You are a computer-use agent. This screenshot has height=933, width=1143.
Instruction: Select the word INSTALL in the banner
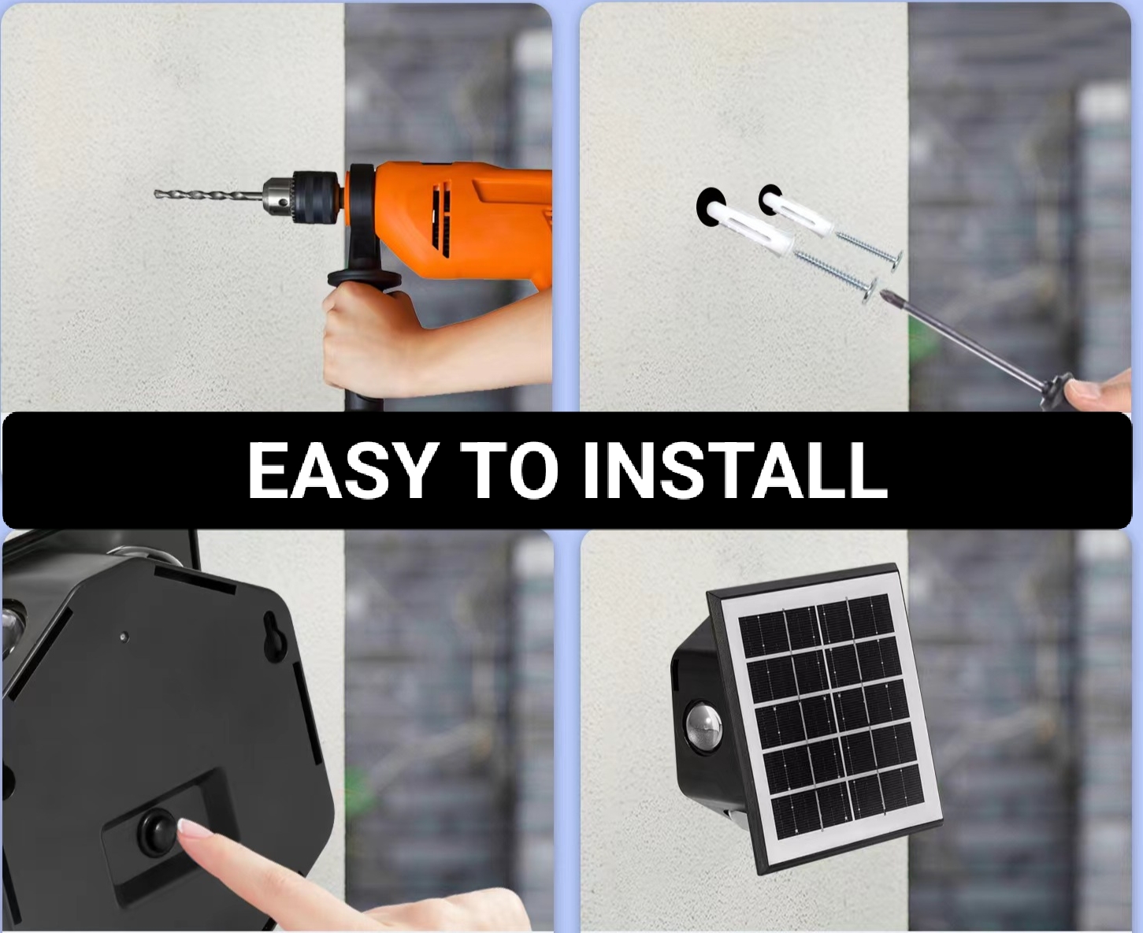click(x=735, y=470)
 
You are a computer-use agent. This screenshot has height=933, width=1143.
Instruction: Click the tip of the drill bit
click(x=155, y=194)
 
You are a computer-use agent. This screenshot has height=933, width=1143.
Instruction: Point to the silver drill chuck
click(x=279, y=197)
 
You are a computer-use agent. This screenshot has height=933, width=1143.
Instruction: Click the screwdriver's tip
click(x=884, y=295)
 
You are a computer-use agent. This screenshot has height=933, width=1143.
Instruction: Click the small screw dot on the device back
click(x=124, y=637)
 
